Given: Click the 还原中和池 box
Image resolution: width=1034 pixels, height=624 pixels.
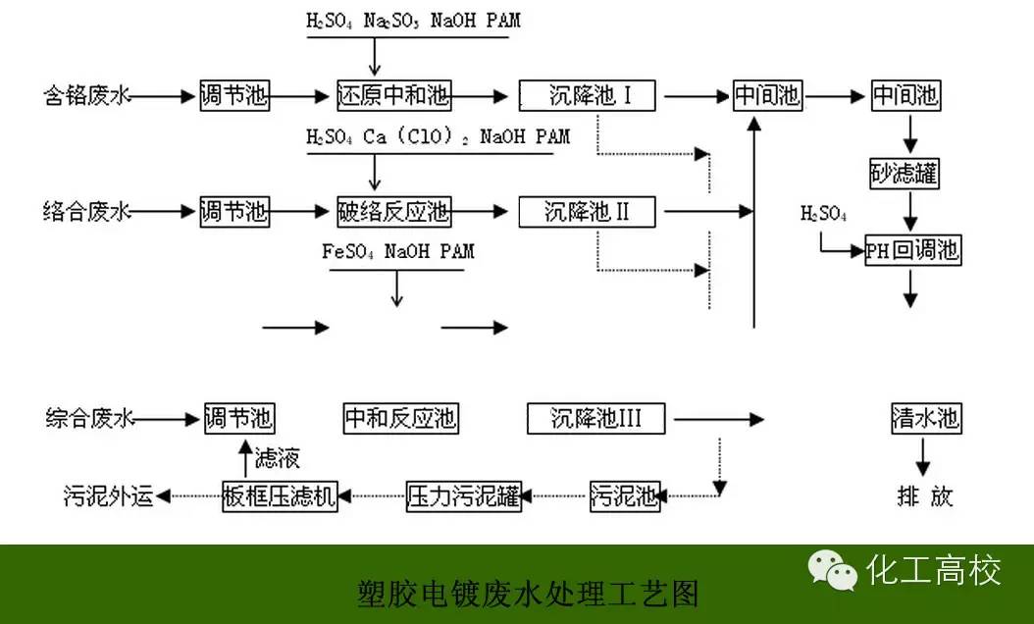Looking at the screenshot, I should click(x=392, y=95).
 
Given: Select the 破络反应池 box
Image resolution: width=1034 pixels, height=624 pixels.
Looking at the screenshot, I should click(x=392, y=211).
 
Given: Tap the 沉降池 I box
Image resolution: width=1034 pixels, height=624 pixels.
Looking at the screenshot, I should click(x=589, y=95).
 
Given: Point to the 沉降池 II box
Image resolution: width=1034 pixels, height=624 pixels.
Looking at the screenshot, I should click(x=587, y=211).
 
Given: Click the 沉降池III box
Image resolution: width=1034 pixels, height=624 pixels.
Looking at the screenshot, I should click(x=595, y=419).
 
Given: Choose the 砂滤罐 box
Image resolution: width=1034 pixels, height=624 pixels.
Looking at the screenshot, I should click(x=905, y=175).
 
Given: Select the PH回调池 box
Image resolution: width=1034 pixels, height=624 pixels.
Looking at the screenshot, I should click(x=912, y=250).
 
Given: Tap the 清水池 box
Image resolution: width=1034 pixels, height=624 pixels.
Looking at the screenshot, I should click(x=925, y=419).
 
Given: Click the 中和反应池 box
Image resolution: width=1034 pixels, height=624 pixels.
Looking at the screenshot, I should click(x=400, y=419).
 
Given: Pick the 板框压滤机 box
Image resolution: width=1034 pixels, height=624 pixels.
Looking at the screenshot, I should click(x=280, y=496).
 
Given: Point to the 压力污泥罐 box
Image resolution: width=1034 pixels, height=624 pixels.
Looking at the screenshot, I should click(x=463, y=496).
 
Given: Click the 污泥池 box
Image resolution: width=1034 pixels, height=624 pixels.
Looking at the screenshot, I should click(x=624, y=496).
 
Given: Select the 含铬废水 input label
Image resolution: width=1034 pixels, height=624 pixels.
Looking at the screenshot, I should click(x=85, y=96).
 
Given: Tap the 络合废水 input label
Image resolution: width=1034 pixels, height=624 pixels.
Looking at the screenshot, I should click(x=85, y=211).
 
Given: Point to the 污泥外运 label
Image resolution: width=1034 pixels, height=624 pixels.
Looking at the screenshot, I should click(x=107, y=496).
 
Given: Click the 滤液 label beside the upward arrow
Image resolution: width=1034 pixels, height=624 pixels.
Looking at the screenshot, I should click(x=277, y=457).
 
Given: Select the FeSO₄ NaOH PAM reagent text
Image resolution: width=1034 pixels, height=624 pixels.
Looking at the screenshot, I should click(x=397, y=252).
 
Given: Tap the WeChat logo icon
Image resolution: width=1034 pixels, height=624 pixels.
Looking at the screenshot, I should click(x=827, y=570).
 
